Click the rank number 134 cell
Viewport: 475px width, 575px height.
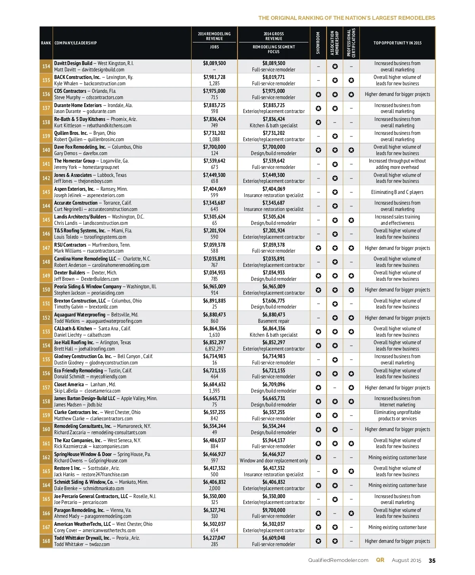(x=46, y=66)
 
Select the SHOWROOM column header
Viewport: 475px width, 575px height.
(x=318, y=43)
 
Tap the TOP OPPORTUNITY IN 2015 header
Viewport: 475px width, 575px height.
(x=397, y=43)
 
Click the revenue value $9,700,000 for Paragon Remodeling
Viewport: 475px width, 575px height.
(x=274, y=510)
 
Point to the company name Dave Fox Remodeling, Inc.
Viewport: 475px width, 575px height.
(x=80, y=147)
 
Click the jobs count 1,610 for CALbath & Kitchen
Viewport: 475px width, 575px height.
(x=214, y=335)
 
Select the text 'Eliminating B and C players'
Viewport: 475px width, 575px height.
(x=397, y=192)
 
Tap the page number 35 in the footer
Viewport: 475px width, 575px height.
(x=432, y=560)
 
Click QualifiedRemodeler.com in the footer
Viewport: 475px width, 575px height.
(x=338, y=560)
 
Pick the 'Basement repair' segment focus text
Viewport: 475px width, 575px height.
(x=274, y=321)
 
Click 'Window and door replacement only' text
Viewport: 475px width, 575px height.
(x=274, y=460)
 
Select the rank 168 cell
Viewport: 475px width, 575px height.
(x=46, y=541)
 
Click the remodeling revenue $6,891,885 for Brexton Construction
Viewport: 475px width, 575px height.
(x=214, y=301)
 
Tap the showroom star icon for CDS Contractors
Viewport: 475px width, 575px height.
(x=318, y=94)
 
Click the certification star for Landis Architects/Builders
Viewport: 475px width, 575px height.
(x=351, y=220)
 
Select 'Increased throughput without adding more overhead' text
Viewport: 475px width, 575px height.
(x=397, y=164)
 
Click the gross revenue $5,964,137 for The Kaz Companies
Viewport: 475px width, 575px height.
(x=274, y=440)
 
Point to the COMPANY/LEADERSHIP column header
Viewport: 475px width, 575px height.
(x=76, y=43)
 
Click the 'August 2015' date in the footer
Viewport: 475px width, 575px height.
(x=407, y=560)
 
